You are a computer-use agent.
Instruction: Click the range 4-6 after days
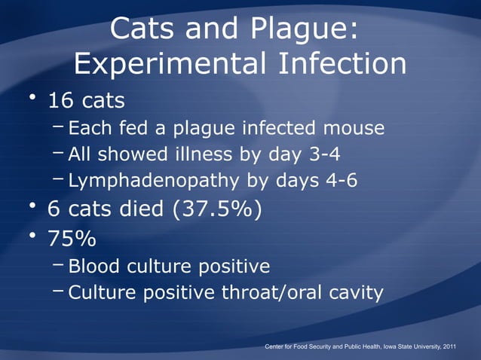point(337,182)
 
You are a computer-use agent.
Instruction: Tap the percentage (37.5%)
point(218,208)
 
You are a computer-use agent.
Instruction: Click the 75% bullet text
point(72,239)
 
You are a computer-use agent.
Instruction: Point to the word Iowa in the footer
point(376,346)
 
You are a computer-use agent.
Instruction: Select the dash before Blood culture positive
point(58,265)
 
